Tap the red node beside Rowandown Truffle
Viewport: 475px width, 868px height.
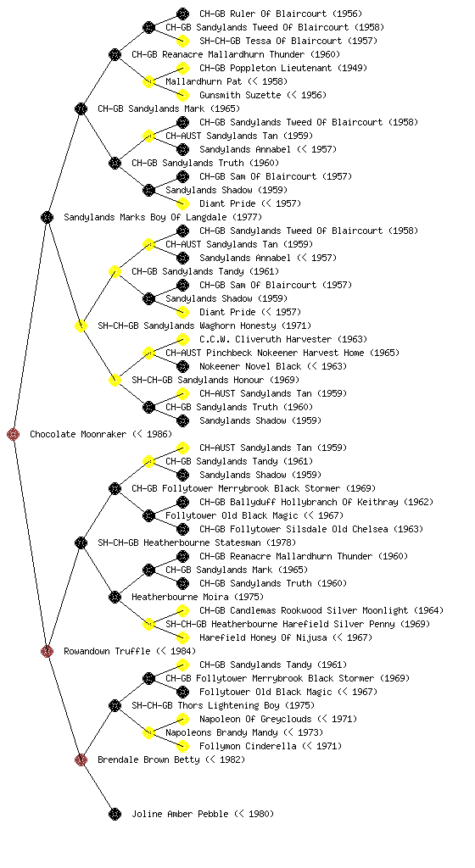47,651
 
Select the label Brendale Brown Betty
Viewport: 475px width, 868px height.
149,760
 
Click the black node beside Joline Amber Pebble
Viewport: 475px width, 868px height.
115,814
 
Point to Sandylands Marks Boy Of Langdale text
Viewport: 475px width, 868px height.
146,218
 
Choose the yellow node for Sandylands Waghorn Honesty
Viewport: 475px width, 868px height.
81,325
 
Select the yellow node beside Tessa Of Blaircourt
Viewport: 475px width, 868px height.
182,41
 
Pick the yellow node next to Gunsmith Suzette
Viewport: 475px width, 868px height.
182,95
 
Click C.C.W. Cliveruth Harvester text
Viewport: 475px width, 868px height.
265,339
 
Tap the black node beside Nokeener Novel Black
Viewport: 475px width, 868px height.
182,366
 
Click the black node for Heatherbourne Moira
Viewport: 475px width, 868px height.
115,597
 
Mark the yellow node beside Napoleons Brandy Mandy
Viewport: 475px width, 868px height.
148,732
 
